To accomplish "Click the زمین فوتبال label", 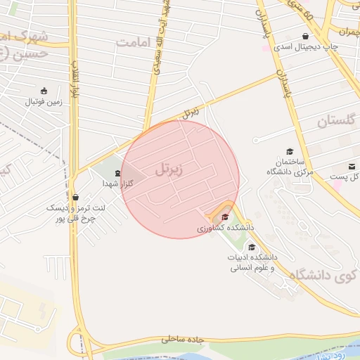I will (x=44, y=102).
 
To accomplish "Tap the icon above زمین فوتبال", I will (x=44, y=91).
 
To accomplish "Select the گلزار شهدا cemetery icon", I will (x=117, y=172).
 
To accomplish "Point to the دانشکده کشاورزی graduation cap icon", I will (x=225, y=217).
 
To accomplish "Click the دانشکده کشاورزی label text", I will (x=225, y=228).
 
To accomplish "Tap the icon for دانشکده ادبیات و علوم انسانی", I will (x=252, y=247).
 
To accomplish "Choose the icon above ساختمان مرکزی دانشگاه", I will (x=290, y=151).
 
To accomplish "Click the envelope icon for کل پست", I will (x=352, y=167).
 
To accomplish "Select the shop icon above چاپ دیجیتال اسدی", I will (x=305, y=37).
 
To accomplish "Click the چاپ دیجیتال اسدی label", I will (x=305, y=47).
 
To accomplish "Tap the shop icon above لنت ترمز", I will (x=75, y=198).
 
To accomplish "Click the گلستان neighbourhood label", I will (x=323, y=121).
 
